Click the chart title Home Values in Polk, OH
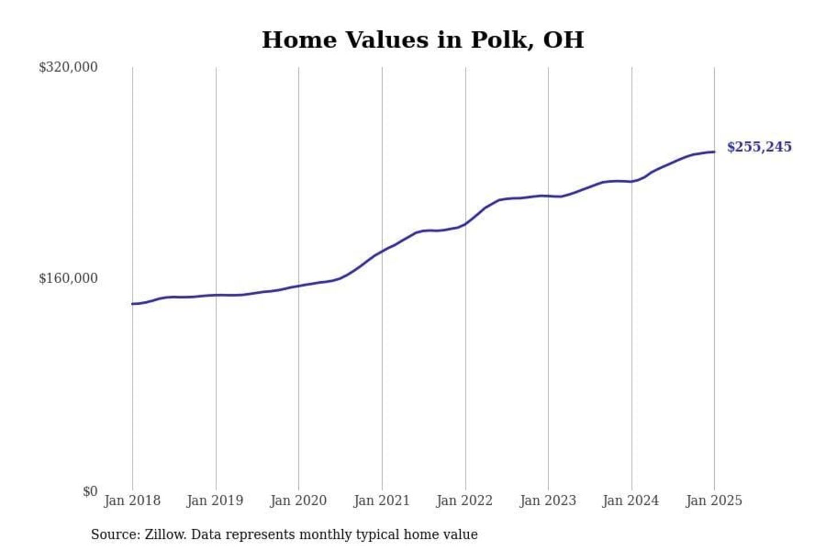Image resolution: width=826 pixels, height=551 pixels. coord(423,40)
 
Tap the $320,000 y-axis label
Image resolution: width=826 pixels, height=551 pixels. coord(68,67)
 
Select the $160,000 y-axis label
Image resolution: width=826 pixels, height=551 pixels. coord(68,278)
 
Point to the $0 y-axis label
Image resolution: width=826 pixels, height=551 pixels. coord(90,491)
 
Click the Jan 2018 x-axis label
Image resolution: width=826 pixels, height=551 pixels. coord(132,500)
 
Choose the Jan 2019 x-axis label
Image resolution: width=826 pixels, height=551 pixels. coord(215,500)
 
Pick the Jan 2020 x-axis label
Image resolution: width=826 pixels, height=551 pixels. coord(298,500)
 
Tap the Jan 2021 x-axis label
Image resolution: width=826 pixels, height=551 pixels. coord(381,500)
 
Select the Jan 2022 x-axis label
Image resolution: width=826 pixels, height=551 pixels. coord(465,500)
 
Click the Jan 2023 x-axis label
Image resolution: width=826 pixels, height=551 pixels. coord(548,500)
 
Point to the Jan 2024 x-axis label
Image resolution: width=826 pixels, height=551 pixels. coord(631,500)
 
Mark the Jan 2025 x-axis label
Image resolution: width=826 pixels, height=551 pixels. coord(714,500)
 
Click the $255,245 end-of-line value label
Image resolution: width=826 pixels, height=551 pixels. coord(759,147)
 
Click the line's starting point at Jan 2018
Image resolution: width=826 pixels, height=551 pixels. coord(133,304)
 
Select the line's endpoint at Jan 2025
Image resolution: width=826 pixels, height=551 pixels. coord(714,152)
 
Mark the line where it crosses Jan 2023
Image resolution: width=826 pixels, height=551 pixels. coord(548,196)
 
